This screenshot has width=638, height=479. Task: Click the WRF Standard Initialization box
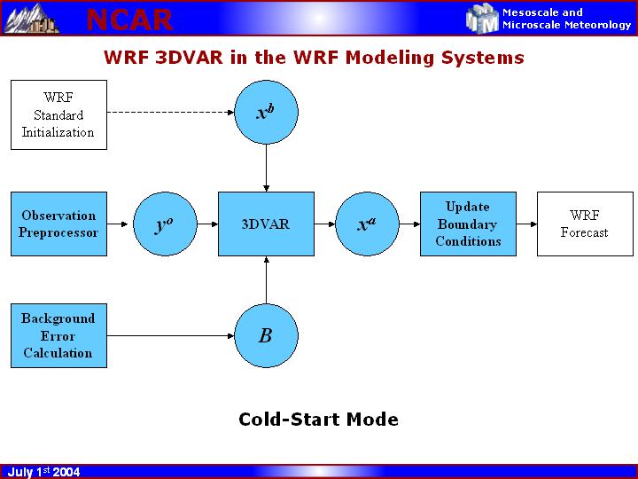[x=58, y=114]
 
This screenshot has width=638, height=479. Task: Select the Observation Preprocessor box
[x=58, y=224]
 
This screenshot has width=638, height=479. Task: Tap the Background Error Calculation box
[x=58, y=335]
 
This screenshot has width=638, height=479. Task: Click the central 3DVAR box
[x=266, y=224]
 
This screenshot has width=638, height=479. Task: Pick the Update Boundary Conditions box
[x=468, y=224]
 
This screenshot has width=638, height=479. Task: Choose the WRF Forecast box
[x=585, y=224]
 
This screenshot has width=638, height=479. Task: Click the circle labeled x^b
[x=266, y=113]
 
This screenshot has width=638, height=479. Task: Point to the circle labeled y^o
[x=164, y=224]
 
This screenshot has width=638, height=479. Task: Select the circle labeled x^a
[x=367, y=224]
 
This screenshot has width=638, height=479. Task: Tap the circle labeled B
[x=266, y=335]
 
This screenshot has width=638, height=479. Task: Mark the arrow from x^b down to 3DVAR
[x=266, y=168]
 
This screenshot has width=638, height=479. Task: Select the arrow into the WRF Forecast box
[x=526, y=224]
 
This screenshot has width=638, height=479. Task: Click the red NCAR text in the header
[x=129, y=19]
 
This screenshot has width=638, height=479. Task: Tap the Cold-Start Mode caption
[x=318, y=420]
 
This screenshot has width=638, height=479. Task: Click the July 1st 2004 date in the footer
[x=43, y=472]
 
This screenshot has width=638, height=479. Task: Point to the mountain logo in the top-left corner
[x=31, y=18]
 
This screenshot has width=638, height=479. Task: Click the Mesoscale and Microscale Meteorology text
[x=566, y=19]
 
